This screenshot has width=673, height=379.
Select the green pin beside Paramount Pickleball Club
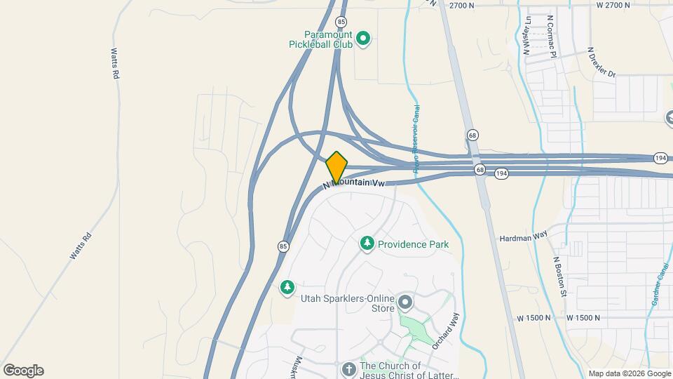coord(363,39)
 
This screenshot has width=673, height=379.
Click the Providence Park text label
coord(413,244)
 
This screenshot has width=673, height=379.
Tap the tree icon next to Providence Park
coord(366,244)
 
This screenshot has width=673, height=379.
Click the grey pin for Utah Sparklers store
coord(405,303)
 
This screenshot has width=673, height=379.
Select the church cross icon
coord(349,369)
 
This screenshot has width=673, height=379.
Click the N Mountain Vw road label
coord(355,184)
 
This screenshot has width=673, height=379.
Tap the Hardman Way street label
coord(523,238)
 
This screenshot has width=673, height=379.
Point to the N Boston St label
coord(559,277)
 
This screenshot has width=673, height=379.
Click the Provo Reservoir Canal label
coord(416,139)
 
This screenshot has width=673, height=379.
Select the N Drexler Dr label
coord(601,62)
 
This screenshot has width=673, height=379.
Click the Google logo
coord(23,371)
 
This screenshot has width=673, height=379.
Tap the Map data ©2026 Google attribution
coord(630,373)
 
